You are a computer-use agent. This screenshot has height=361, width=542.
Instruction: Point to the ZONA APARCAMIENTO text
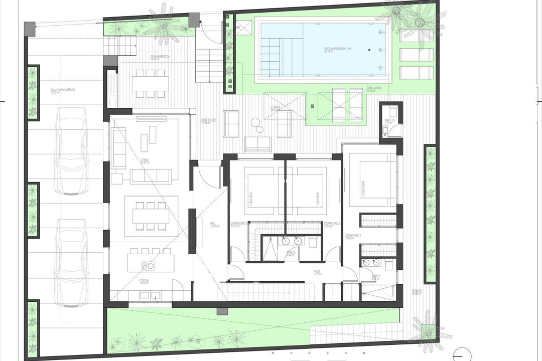coord(63,91)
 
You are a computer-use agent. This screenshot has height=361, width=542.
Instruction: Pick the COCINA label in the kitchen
coord(144,281)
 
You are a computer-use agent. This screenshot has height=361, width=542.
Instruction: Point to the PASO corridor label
coord(317,273)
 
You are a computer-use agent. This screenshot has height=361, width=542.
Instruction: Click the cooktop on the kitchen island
coord(148,265)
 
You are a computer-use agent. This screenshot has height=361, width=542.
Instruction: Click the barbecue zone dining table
coord(150,83)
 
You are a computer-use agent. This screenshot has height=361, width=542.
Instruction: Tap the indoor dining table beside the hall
coord(151,216)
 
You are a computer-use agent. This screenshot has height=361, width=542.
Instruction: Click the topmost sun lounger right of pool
coord(416,35)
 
